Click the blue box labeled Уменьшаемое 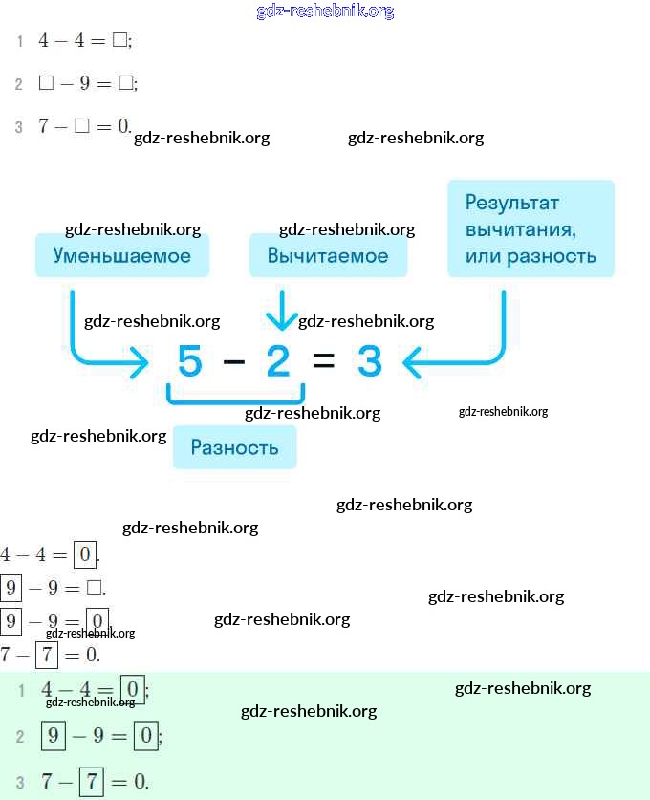122,255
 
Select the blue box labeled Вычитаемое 328,255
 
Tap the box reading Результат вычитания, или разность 531,229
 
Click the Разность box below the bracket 234,447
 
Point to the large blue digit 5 190,362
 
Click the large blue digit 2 277,362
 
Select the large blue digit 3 370,362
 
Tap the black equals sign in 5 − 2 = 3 324,362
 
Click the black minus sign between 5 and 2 233,362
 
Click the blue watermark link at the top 325,11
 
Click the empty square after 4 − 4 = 119,40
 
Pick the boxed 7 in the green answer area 91,780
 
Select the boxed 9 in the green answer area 54,735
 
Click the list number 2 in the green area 19,736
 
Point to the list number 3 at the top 19,127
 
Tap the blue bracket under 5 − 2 235,397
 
